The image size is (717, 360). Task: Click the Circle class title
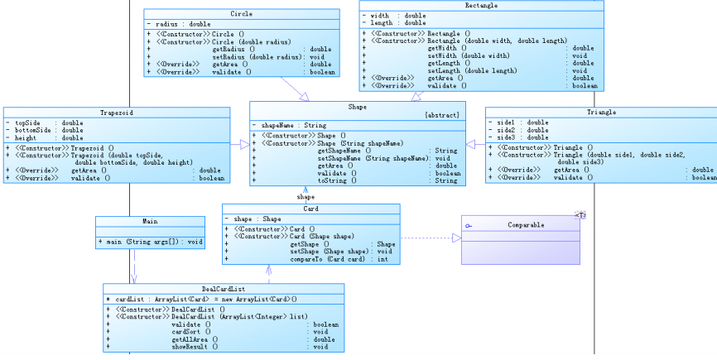[x=241, y=14]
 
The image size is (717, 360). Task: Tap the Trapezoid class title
[x=117, y=112]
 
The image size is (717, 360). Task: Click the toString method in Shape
[x=334, y=180]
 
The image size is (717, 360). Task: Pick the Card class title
[x=310, y=209]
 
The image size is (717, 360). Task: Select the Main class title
[x=150, y=222]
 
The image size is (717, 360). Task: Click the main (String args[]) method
[x=153, y=242]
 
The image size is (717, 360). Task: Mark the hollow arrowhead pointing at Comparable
[x=456, y=238]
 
